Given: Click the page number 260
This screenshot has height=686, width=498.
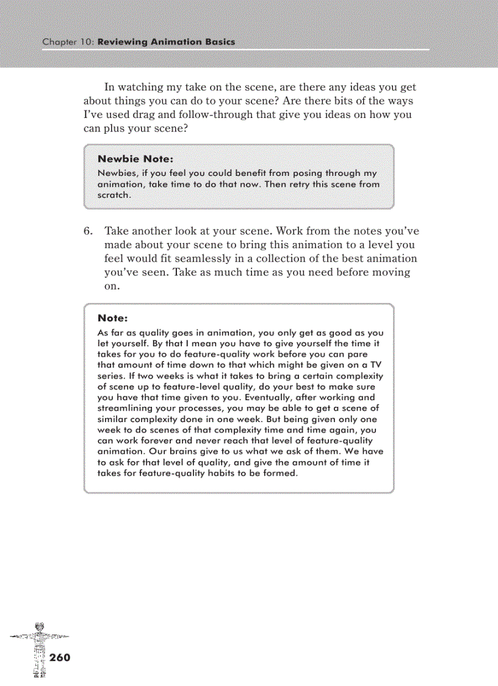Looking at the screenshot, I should pyautogui.click(x=60, y=658).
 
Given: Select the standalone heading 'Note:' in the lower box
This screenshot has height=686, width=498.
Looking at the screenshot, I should pyautogui.click(x=112, y=318).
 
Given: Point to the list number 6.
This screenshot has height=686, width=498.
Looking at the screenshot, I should pyautogui.click(x=88, y=232).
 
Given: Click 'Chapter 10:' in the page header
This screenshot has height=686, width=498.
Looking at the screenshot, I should pyautogui.click(x=68, y=42).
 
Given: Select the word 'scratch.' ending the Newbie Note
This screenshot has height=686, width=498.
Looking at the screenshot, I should pyautogui.click(x=115, y=195).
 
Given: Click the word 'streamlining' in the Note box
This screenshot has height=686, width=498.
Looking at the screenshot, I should pyautogui.click(x=126, y=409).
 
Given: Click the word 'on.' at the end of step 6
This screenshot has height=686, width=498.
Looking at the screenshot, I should pyautogui.click(x=111, y=286).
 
